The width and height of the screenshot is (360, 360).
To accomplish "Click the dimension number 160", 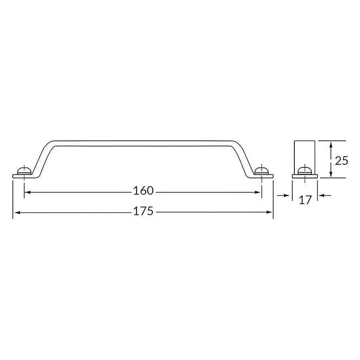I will pos(143,191).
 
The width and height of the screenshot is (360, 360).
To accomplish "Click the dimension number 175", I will pos(143,211).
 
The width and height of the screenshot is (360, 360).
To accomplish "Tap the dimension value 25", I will pos(342,161).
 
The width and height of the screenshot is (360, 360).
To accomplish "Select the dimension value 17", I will pos(305,200).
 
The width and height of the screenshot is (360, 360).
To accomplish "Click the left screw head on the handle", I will pos(24,171).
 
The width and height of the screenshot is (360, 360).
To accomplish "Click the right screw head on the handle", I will pos(262,171).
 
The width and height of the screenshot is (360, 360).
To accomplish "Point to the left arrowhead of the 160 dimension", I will pos(27,192).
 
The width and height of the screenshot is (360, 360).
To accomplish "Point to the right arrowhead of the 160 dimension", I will pos(258,192).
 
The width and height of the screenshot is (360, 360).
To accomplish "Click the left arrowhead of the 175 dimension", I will pos(16,212).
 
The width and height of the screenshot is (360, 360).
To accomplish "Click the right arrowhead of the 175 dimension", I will pos(270,212).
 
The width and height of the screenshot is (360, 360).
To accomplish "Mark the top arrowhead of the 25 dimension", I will pos(330,144).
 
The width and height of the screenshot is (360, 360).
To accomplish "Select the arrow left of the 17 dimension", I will pos(286,195).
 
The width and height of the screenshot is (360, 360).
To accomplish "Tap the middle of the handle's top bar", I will pos(143,143).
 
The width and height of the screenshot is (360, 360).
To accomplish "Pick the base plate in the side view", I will pos(305,176).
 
